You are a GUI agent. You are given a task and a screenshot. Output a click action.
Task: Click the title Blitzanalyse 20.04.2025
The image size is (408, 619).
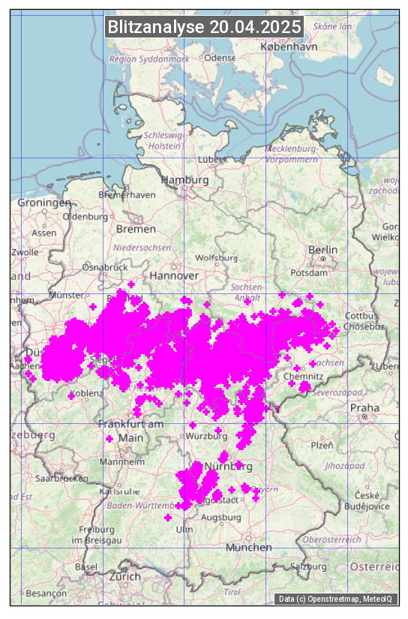pos(204,27)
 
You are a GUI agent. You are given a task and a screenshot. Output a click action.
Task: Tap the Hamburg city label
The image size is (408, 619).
pos(184,180)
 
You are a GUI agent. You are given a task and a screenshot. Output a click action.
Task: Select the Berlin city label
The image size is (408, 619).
pos(322,249)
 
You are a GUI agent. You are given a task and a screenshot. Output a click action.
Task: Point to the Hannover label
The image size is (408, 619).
pos(173,275)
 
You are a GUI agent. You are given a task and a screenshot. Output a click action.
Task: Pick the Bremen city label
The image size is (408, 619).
pos(136,228)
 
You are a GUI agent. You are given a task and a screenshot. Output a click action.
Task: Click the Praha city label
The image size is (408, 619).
pos(364,407)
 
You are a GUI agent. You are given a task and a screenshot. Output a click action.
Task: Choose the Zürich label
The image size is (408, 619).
pos(124,576)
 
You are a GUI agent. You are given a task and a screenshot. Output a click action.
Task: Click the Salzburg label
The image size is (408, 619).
pos(310,566)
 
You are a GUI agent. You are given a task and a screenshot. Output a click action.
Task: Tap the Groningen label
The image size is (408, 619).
pos(43,203)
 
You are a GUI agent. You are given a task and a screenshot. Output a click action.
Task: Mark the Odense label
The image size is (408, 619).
pos(220,58)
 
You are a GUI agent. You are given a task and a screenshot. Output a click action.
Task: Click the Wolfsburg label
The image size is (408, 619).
pos(216,257)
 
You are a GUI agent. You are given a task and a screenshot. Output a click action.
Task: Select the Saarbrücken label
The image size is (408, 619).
pos(61,477)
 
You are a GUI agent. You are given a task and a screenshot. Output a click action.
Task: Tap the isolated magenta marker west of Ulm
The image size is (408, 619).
pos(168,518)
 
